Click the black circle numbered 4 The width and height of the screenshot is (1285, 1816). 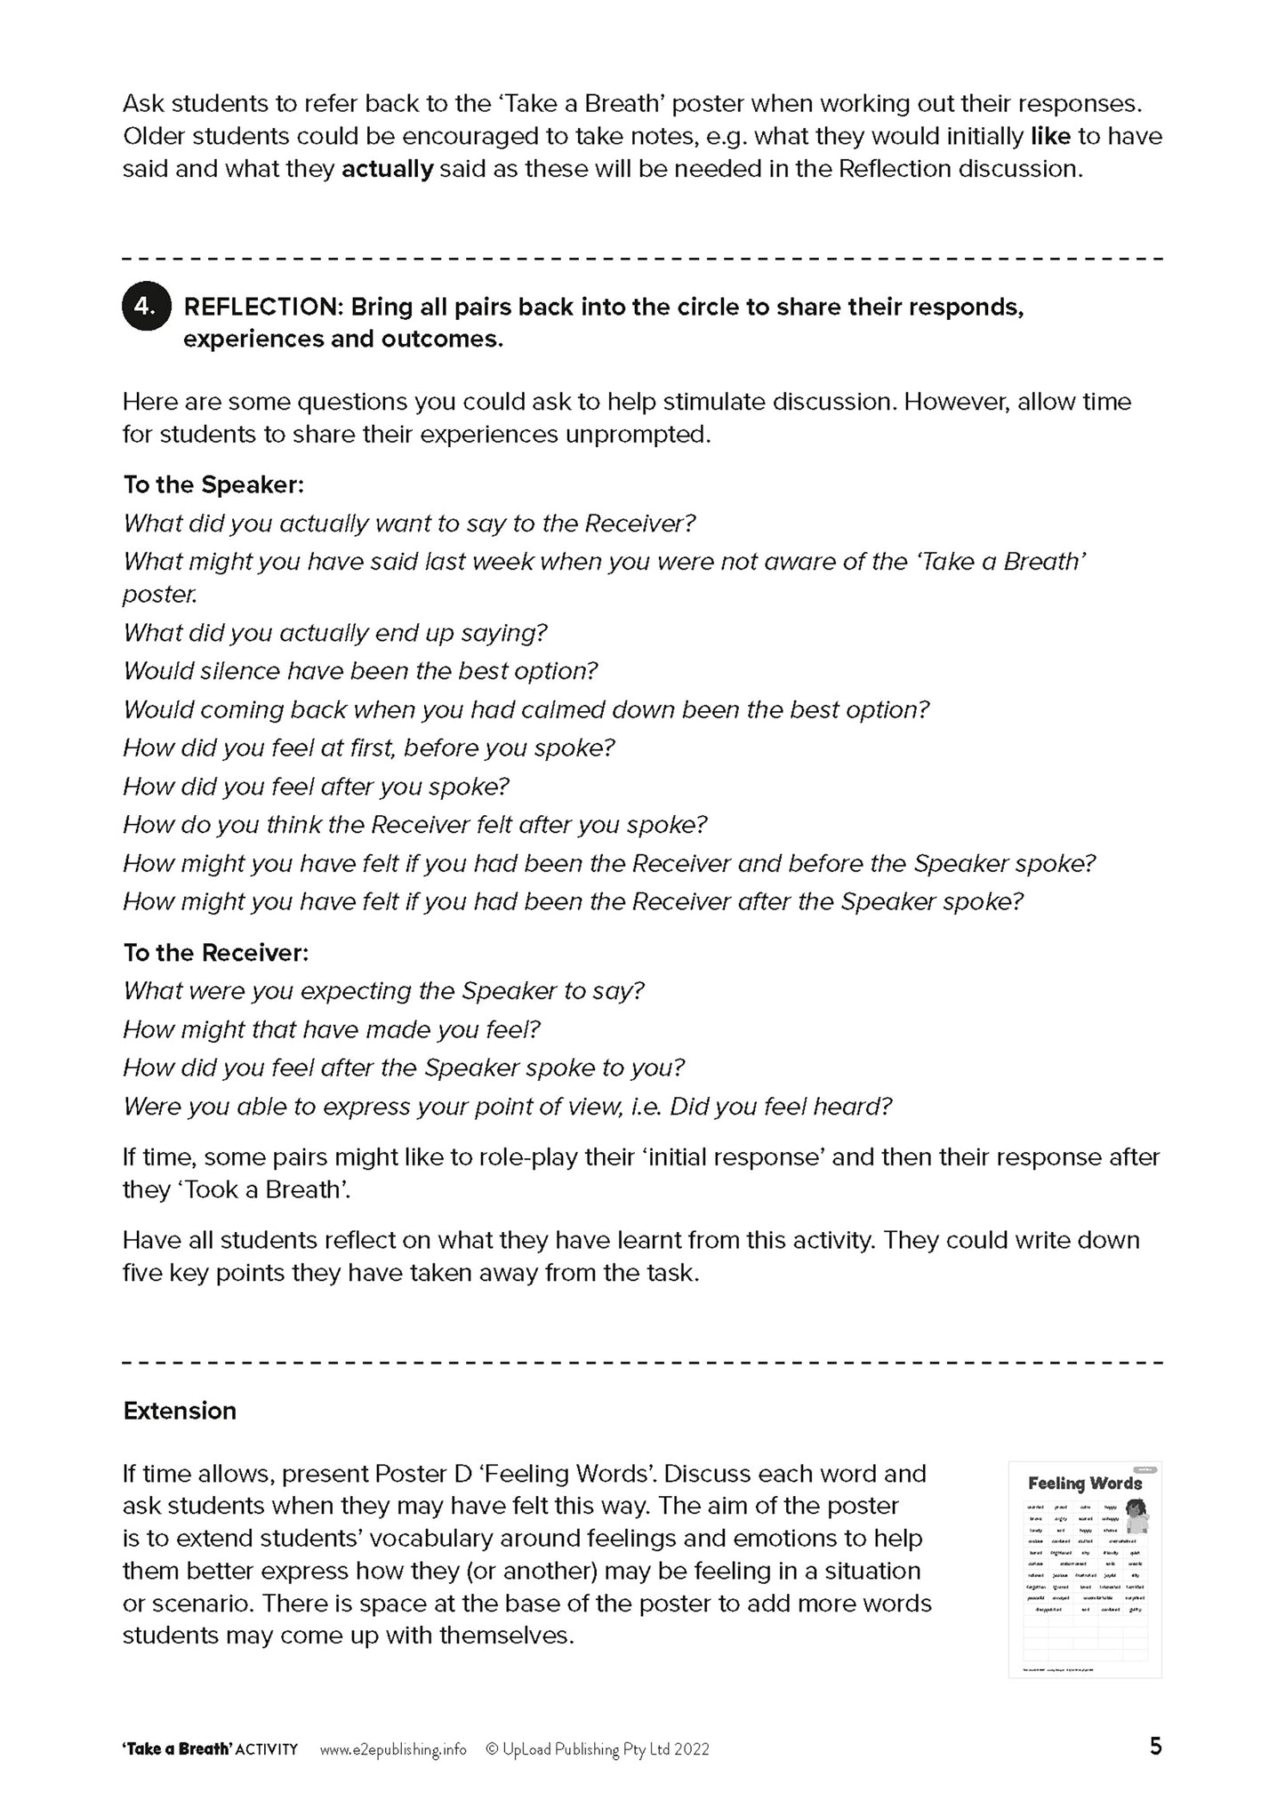click(x=146, y=307)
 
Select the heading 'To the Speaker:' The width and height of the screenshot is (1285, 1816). click(x=213, y=485)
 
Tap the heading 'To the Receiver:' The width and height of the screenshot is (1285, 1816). click(x=216, y=953)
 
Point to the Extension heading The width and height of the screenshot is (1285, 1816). click(x=180, y=1412)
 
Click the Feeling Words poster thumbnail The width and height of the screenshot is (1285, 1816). click(x=1084, y=1570)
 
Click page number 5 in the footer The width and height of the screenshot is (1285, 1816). click(x=1155, y=1748)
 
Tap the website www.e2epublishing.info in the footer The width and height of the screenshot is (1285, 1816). click(x=392, y=1749)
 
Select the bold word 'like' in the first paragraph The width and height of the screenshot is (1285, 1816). click(x=1049, y=137)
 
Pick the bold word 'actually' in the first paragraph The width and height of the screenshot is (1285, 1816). click(x=387, y=169)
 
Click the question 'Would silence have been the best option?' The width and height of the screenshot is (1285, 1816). click(x=360, y=671)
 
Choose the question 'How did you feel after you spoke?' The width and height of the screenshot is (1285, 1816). click(x=316, y=787)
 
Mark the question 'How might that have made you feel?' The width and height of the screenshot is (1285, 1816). click(x=332, y=1030)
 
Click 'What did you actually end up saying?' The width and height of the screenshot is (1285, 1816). click(x=335, y=633)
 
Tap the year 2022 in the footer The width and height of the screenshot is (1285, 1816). click(x=691, y=1749)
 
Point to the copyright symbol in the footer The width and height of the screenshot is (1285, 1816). click(x=491, y=1749)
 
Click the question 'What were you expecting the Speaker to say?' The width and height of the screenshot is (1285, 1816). click(x=383, y=991)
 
